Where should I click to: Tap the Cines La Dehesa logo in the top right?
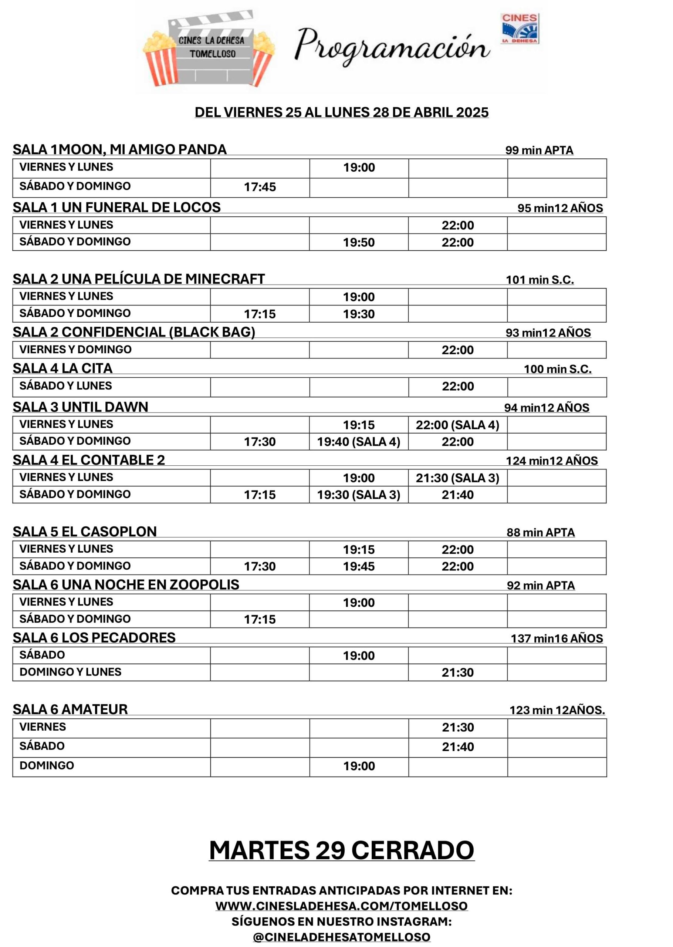tap(520, 28)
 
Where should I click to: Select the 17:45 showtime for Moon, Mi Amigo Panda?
tap(260, 187)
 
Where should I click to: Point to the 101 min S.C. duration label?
tap(540, 280)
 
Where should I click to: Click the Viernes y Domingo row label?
tap(75, 349)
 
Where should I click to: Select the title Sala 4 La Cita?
tap(62, 368)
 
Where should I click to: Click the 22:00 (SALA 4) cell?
tap(457, 425)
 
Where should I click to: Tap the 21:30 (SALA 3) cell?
tap(457, 478)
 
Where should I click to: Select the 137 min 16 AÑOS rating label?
tap(557, 638)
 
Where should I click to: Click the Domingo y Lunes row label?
tap(71, 672)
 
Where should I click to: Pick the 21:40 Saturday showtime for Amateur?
tap(457, 747)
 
